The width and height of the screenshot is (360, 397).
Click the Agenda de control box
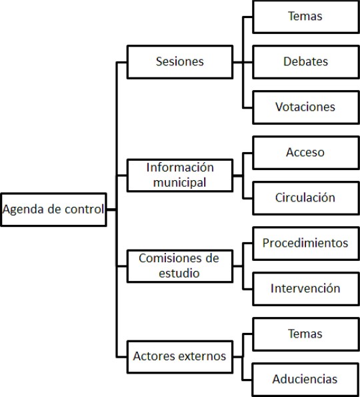tap(53, 210)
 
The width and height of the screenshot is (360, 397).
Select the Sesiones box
tap(179, 62)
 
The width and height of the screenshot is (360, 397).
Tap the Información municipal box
tap(179, 174)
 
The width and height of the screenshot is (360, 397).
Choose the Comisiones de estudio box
tap(179, 265)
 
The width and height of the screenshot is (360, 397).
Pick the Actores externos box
tap(179, 356)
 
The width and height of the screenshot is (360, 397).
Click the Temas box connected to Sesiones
tap(305, 17)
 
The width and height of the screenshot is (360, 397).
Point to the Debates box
tap(305, 62)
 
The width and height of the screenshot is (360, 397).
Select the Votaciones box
tap(305, 107)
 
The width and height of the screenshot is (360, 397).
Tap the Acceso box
tap(305, 152)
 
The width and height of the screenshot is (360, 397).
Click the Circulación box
tap(305, 197)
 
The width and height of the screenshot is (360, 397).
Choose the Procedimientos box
tap(305, 243)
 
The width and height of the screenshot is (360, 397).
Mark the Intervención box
tap(305, 288)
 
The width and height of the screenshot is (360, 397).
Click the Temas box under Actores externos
tap(305, 334)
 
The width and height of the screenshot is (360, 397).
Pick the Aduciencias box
tap(305, 379)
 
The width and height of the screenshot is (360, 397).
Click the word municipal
tap(179, 181)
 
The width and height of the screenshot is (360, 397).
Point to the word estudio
tap(179, 272)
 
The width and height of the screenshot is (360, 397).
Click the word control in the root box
tap(85, 210)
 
